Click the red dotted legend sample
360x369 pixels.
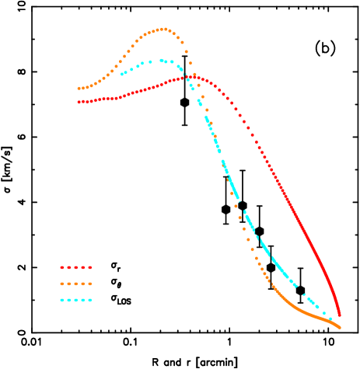click(x=76, y=267)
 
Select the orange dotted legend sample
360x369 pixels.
click(x=76, y=284)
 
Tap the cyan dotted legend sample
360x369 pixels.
click(x=76, y=300)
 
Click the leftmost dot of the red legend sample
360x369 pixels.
click(x=62, y=267)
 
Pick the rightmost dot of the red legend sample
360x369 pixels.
click(x=90, y=267)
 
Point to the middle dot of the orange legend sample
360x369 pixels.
click(x=76, y=284)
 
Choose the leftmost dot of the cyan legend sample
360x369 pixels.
click(x=62, y=300)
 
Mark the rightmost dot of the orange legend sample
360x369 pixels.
click(x=90, y=284)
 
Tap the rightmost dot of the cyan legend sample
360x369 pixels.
click(x=90, y=300)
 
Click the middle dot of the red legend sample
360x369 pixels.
click(x=76, y=267)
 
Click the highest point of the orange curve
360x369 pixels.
click(x=163, y=30)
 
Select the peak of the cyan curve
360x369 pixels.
click(x=162, y=60)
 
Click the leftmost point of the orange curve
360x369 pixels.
click(x=79, y=89)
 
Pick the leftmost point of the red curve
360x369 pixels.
click(x=79, y=102)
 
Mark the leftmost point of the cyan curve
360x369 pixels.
click(x=122, y=75)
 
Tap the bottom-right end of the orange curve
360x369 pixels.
click(x=340, y=327)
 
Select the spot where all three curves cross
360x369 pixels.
click(x=190, y=77)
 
